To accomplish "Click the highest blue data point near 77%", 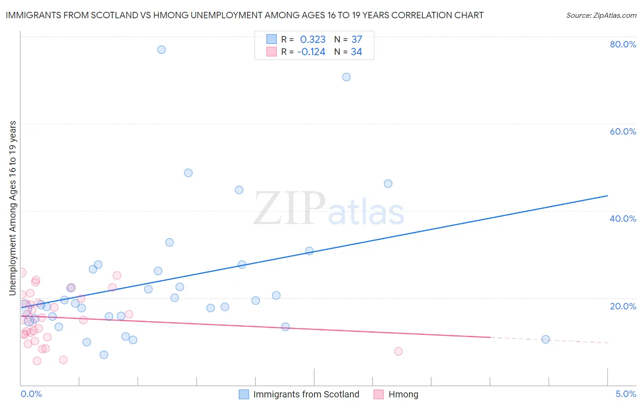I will tap(161, 49).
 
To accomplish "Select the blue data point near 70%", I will tap(346, 77).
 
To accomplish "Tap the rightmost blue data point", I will tap(545, 339).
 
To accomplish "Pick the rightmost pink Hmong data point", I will tap(398, 351).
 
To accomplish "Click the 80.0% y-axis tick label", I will tap(623, 44).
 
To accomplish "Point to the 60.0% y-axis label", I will tap(623, 131).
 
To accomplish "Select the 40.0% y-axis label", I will tap(623, 219).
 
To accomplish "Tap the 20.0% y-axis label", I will tap(623, 306).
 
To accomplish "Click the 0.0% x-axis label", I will tap(31, 394).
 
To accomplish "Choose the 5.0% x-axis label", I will tap(626, 394).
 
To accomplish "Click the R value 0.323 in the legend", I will tap(313, 39).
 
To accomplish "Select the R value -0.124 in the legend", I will tap(311, 52).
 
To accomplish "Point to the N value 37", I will tap(357, 39).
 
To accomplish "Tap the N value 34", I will tap(356, 52).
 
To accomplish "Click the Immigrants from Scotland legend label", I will tap(306, 394).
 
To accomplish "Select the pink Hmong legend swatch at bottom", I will tap(379, 394).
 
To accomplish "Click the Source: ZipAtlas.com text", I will tap(601, 16).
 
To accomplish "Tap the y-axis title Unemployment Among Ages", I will tap(13, 208).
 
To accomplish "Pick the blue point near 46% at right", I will tap(388, 183).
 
